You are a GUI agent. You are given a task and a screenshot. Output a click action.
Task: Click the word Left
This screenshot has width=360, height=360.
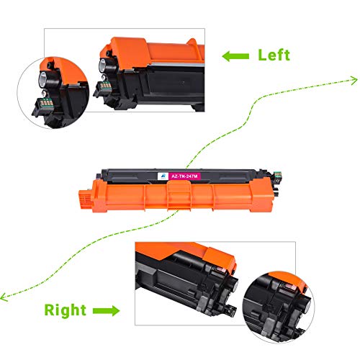(274, 55)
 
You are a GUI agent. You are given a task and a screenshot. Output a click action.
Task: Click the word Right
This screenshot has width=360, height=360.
(66, 310)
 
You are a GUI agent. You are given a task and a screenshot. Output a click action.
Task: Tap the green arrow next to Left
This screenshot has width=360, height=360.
(235, 56)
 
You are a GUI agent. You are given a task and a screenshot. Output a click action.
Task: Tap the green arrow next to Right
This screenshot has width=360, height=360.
(107, 311)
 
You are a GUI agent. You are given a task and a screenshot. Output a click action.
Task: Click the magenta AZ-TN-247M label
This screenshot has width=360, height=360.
(184, 176)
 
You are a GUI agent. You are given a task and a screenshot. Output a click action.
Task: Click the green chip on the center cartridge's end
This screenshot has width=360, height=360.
(277, 174)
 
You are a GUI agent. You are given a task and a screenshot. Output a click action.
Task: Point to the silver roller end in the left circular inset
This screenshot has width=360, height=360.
(43, 78)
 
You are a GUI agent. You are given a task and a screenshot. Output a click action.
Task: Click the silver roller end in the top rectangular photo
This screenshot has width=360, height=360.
(102, 65)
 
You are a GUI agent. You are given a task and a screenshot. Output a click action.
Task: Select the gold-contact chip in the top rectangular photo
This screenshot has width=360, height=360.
(106, 86)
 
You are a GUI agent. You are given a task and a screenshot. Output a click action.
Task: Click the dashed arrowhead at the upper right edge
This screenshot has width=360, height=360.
(354, 80)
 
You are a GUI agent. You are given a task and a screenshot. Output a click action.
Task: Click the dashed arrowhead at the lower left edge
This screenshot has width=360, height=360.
(4, 297)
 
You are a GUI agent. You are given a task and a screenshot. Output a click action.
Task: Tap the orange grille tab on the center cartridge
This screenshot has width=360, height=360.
(86, 199)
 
